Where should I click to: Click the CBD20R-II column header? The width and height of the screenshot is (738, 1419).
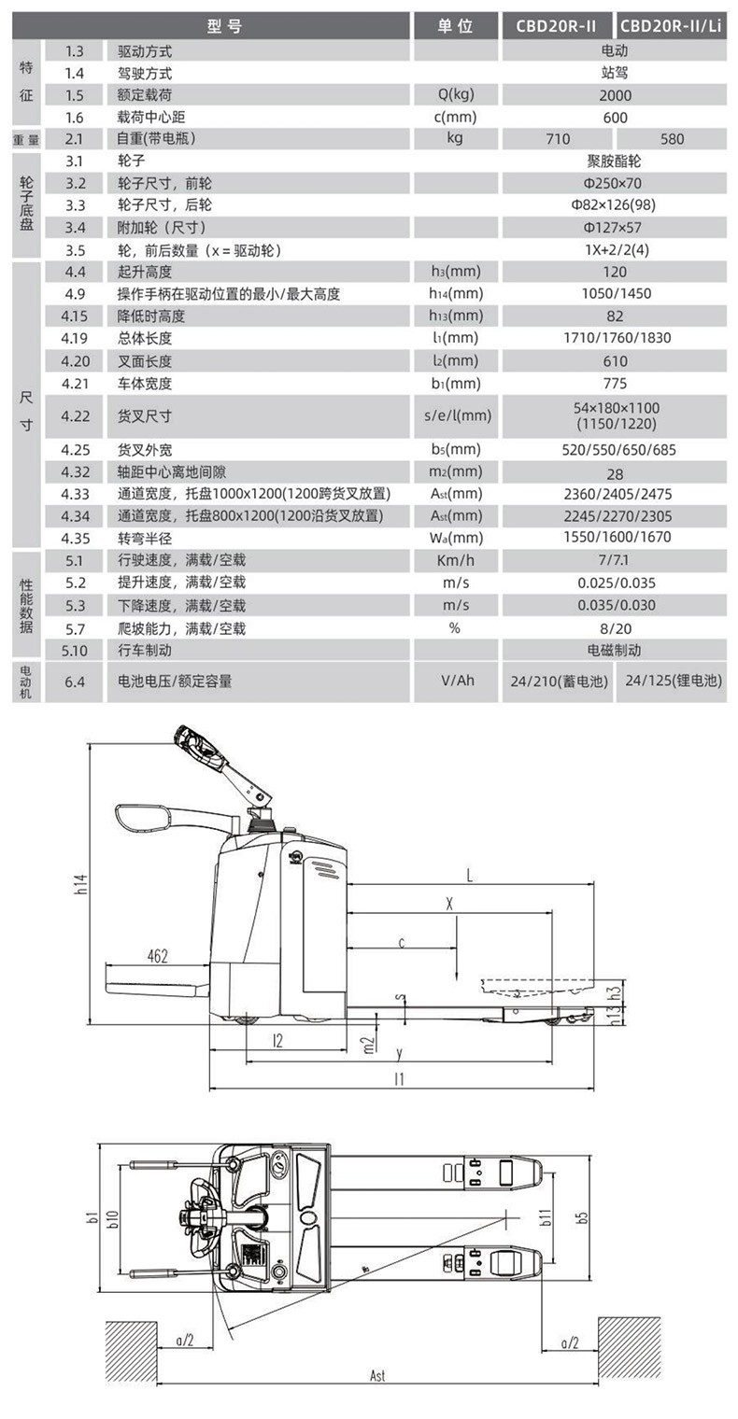tap(559, 26)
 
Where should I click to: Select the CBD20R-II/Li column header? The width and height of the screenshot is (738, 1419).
tap(671, 26)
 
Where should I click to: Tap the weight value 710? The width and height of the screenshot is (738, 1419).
tap(558, 139)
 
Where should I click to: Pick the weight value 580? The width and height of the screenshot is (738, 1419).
tap(671, 139)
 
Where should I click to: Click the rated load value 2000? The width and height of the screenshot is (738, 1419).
tap(615, 95)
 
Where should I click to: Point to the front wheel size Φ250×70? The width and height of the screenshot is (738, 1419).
tap(615, 184)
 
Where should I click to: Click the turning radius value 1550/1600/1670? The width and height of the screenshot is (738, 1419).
tap(615, 538)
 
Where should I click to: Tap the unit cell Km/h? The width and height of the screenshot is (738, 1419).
tap(456, 560)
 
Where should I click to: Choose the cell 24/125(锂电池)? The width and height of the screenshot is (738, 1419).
tap(671, 681)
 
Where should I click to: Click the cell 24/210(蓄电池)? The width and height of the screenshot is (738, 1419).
tap(558, 681)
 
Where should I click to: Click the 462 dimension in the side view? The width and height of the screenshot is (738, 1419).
tap(157, 955)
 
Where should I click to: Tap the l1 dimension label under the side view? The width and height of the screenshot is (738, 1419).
tap(400, 1079)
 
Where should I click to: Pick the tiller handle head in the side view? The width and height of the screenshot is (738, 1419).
tap(198, 746)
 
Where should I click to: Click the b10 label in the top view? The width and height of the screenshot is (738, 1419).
tap(112, 1217)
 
